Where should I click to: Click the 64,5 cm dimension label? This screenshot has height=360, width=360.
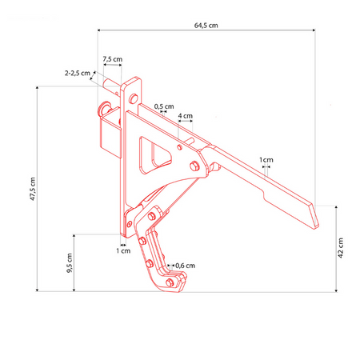coord(206,26)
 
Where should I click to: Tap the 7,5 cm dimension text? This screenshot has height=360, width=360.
coord(113,59)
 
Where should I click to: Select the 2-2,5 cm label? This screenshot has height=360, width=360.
coord(78,73)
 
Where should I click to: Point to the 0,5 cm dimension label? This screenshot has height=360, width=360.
coord(164,106)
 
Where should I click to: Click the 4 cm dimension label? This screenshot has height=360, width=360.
coord(186,116)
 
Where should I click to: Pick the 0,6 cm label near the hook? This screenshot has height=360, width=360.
coord(185,266)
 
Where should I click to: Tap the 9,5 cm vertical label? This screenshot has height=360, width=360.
coord(69,263)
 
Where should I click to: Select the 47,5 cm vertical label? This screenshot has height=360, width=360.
coord(32,189)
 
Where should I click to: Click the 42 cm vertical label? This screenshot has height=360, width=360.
coord(341,248)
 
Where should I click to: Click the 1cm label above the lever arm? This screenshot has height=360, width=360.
coord(266,160)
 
